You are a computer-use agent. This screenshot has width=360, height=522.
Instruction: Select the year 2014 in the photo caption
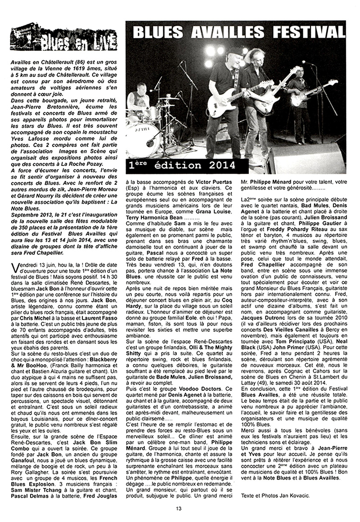point(219,165)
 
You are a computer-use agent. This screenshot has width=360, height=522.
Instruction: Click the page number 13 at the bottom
point(179,509)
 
